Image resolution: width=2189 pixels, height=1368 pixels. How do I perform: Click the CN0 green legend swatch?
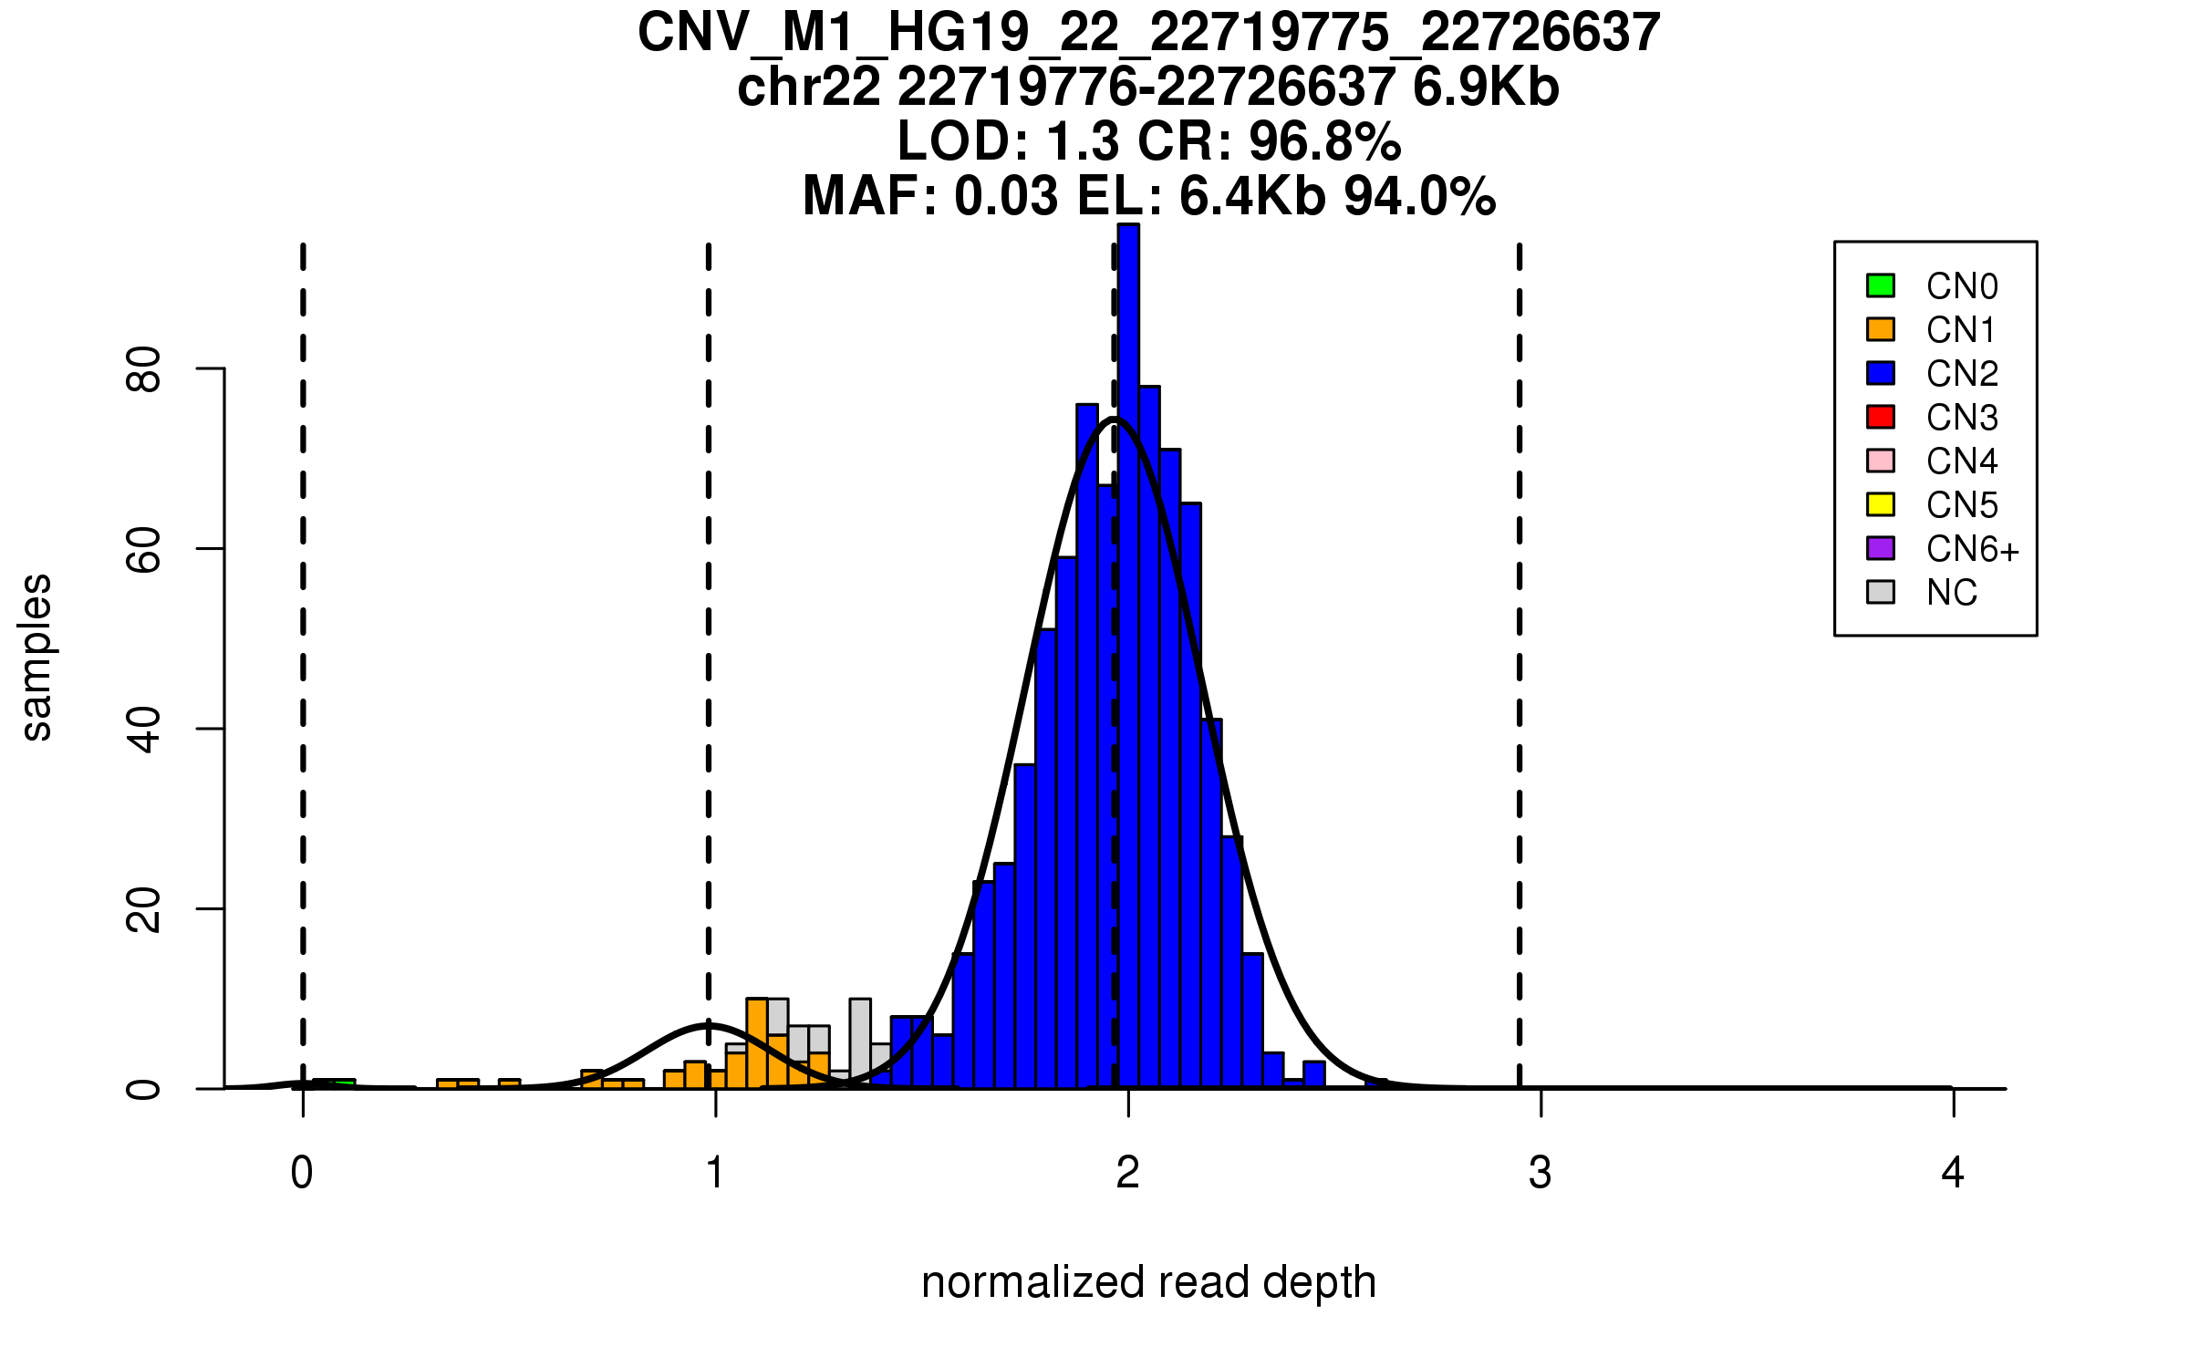pyautogui.click(x=1881, y=285)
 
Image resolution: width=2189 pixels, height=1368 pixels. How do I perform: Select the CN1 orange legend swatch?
pyautogui.click(x=1881, y=329)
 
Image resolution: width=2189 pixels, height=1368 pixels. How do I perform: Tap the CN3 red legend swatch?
pyautogui.click(x=1881, y=417)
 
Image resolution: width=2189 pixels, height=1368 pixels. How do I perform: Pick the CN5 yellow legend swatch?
pyautogui.click(x=1881, y=504)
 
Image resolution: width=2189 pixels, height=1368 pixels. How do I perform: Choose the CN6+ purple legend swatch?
pyautogui.click(x=1881, y=548)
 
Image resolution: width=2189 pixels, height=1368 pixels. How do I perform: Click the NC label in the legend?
pyautogui.click(x=1951, y=593)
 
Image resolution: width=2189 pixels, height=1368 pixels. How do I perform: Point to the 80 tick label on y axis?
pyautogui.click(x=144, y=369)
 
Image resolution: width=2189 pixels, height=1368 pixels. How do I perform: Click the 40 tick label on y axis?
pyautogui.click(x=144, y=729)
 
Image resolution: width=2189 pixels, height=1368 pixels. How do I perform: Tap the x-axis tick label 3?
pyautogui.click(x=1541, y=1173)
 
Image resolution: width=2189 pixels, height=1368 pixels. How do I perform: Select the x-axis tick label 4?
pyautogui.click(x=1953, y=1173)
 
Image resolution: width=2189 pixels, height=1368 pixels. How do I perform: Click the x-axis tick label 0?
pyautogui.click(x=302, y=1173)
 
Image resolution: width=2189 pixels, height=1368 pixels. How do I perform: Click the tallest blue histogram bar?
pyautogui.click(x=1128, y=638)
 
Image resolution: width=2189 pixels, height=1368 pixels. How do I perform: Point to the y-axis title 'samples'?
pyautogui.click(x=36, y=658)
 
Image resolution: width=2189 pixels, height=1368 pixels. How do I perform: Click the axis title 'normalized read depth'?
pyautogui.click(x=1148, y=1282)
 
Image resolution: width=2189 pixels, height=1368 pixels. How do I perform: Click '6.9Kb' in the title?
pyautogui.click(x=1485, y=88)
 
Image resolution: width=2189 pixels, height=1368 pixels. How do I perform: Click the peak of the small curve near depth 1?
pyautogui.click(x=710, y=1025)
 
